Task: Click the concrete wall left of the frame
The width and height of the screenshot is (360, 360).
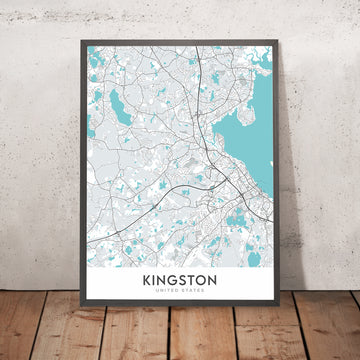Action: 35,150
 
